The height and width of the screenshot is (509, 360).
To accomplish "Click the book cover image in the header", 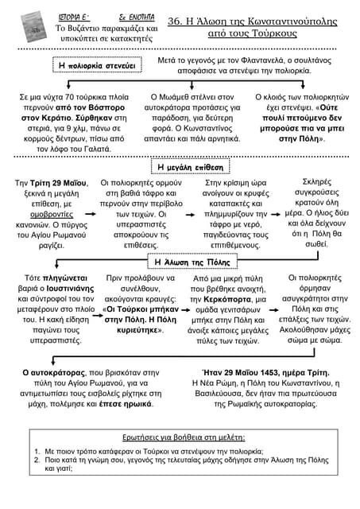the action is pyautogui.click(x=33, y=26).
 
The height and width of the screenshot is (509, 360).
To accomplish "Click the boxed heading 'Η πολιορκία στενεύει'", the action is pyautogui.click(x=97, y=65).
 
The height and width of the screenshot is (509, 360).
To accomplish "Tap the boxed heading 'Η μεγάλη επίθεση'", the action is pyautogui.click(x=191, y=167).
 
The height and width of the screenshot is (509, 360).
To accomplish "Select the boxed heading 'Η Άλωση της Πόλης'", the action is pyautogui.click(x=192, y=262).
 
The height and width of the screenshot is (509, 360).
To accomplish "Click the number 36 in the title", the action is pyautogui.click(x=175, y=21).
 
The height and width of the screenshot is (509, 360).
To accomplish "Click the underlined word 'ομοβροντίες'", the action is pyautogui.click(x=52, y=215).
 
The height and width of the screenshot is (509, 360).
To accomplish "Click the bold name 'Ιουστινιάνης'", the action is pyautogui.click(x=71, y=288).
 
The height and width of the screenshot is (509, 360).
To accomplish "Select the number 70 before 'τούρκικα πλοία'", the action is pyautogui.click(x=70, y=97).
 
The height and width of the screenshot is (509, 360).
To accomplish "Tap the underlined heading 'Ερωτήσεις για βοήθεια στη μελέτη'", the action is pyautogui.click(x=184, y=437).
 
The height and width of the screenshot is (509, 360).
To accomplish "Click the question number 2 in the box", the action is pyautogui.click(x=37, y=460).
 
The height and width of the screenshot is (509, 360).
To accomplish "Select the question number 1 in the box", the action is pyautogui.click(x=37, y=451).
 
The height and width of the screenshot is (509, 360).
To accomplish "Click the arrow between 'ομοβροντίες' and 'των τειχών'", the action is pyautogui.click(x=91, y=214).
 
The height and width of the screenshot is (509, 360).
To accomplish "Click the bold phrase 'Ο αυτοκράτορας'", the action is pyautogui.click(x=54, y=373).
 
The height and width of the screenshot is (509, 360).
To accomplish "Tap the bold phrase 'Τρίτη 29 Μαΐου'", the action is pyautogui.click(x=58, y=183).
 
